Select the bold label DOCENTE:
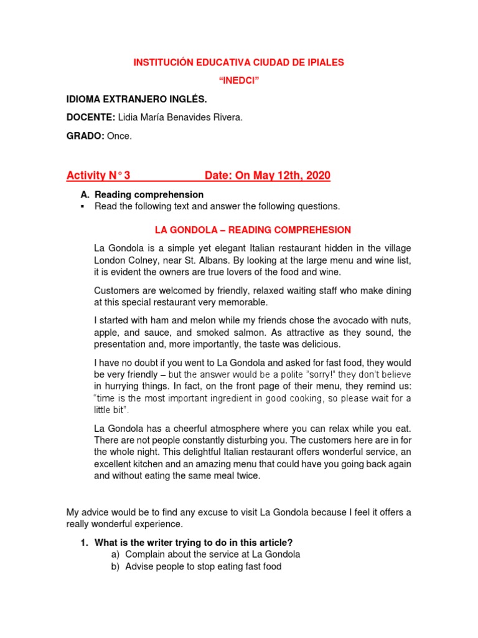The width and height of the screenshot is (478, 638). coord(91,118)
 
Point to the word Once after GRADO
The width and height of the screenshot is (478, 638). coord(119,136)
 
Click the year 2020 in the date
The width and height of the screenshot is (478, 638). coord(317,176)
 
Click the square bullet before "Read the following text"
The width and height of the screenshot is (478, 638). coord(82,206)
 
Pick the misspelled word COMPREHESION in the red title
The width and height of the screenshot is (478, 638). coord(316,230)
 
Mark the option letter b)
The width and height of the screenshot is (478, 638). coord(115,566)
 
